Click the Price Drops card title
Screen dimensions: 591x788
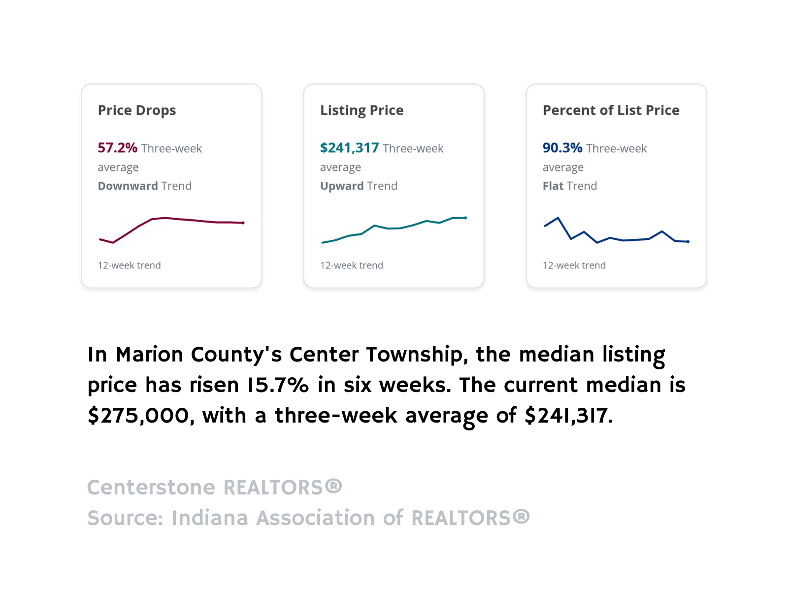tap(137, 110)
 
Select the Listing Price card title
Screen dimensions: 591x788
tap(361, 110)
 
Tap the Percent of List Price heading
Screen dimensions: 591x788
tap(611, 110)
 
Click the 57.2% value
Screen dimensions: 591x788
tap(117, 148)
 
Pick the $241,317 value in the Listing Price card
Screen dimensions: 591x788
tap(349, 148)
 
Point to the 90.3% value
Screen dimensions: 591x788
tap(562, 148)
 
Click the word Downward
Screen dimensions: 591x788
tap(128, 186)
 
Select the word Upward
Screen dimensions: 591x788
tap(341, 186)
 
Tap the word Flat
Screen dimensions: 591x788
tap(553, 186)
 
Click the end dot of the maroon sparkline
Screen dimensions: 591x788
tap(243, 223)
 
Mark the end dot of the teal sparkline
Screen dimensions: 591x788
tap(465, 218)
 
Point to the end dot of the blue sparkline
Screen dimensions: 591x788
tap(688, 242)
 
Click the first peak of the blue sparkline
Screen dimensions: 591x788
tap(558, 218)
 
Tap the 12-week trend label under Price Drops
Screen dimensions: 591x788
tap(129, 265)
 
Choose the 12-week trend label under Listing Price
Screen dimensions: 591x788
tap(351, 265)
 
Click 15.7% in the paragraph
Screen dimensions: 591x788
tap(278, 385)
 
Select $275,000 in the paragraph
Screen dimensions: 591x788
tap(138, 416)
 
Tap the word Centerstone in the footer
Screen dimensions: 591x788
tap(151, 488)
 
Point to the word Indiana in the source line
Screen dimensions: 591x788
tap(209, 518)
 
